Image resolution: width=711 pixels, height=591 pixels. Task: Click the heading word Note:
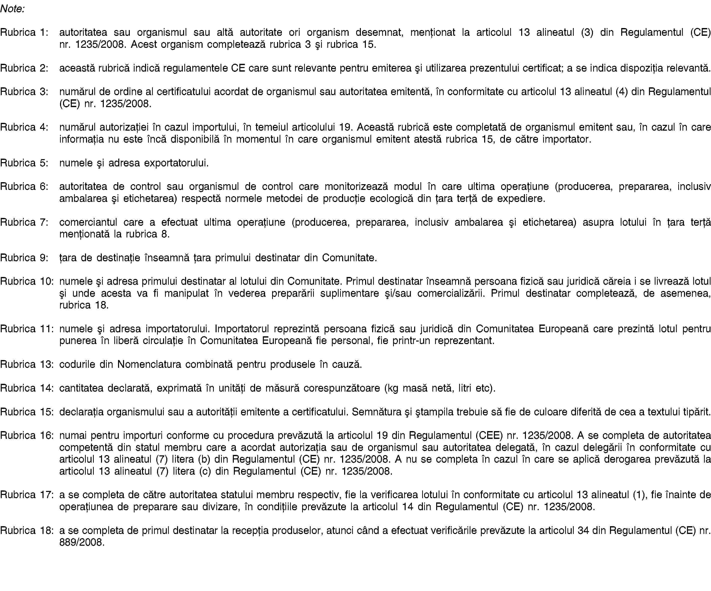(x=13, y=9)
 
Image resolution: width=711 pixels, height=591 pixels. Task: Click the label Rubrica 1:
(x=24, y=32)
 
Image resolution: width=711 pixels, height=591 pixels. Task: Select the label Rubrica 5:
(x=24, y=163)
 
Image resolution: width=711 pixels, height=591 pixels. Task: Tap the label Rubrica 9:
(x=24, y=258)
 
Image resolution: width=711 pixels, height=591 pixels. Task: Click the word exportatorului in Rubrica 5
(x=176, y=163)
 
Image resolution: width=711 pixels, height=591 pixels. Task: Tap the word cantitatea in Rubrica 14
(x=81, y=388)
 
